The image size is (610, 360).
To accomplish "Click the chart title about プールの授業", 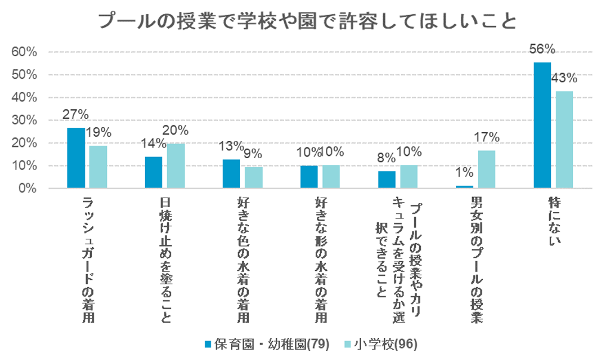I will [306, 22].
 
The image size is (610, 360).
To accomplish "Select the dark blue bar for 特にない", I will [542, 125].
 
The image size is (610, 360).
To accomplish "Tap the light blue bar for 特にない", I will [564, 140].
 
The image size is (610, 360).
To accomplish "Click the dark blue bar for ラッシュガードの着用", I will [76, 158].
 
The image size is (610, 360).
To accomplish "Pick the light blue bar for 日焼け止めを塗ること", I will [175, 166].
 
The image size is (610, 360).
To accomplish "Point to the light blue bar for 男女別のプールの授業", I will [486, 170].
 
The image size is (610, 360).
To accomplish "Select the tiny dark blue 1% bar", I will [464, 187].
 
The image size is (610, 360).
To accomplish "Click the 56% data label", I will [543, 50].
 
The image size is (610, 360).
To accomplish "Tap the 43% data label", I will [564, 78].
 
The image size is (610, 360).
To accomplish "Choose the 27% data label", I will [76, 115].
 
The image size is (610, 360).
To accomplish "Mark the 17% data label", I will [486, 137].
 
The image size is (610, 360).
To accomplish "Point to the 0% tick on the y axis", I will [27, 189].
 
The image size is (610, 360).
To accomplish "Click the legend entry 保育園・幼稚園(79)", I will [267, 344].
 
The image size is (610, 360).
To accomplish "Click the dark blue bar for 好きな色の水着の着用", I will [231, 174].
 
